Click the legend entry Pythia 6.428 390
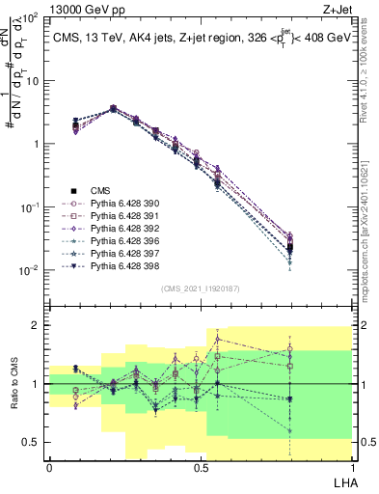[x=125, y=204]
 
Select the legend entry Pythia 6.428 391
[x=125, y=216]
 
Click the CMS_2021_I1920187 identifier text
[x=200, y=288]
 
